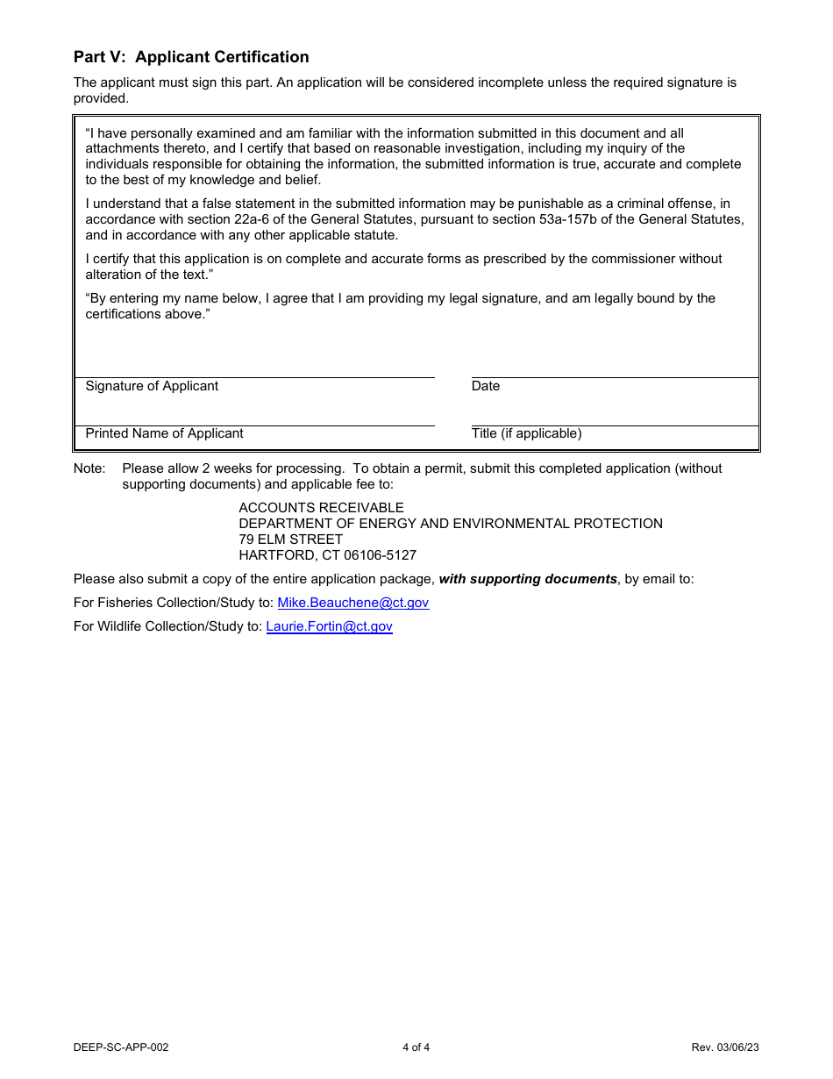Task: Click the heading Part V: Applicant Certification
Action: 191,57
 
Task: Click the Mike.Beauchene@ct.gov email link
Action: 352,603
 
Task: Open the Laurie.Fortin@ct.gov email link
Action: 329,626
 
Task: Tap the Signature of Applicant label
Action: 152,386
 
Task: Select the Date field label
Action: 485,386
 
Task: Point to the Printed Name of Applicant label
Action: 164,433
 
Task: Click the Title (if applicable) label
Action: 526,433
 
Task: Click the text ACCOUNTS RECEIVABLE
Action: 321,508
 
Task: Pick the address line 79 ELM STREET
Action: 290,539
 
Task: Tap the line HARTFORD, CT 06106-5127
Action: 327,555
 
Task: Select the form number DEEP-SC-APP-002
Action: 121,1047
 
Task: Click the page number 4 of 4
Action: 416,1047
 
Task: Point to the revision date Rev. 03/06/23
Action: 724,1047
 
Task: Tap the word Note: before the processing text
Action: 89,468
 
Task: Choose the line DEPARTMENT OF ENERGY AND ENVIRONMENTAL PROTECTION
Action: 451,524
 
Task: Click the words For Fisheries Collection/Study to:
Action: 174,603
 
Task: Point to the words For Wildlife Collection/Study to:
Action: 167,626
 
